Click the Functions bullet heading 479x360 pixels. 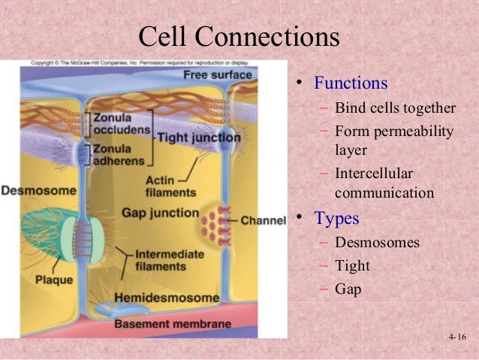pos(351,82)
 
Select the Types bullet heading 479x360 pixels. pos(336,219)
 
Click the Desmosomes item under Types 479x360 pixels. pos(377,243)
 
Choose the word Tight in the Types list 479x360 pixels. pos(352,265)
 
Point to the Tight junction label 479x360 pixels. pos(198,138)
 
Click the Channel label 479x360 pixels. pos(264,222)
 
